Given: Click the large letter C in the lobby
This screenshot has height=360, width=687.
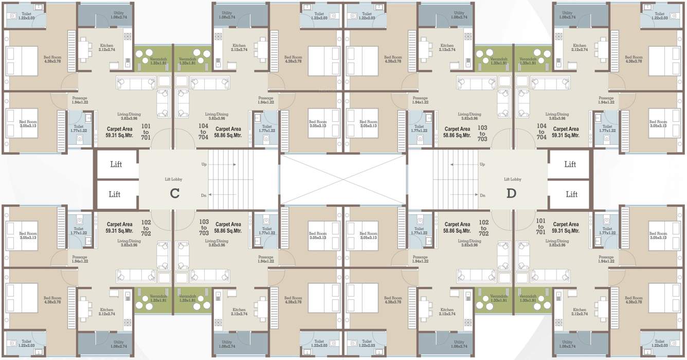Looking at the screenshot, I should click(174, 193).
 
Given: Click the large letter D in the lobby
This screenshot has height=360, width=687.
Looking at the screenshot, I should click(511, 193).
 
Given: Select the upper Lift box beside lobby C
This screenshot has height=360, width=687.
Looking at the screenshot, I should click(116, 165).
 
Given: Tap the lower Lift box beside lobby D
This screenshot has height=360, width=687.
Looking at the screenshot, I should click(571, 194).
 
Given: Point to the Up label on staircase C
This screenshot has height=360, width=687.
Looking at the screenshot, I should click(204, 165).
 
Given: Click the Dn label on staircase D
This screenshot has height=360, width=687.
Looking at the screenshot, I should click(482, 195).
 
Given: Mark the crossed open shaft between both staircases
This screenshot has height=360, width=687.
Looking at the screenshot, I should click(343, 179).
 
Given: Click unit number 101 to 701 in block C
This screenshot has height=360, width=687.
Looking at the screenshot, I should click(146, 132).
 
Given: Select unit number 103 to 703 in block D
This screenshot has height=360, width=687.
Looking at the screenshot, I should click(482, 132).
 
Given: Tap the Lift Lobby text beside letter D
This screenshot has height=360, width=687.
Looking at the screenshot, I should click(512, 179).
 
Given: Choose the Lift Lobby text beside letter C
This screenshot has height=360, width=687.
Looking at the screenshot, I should click(173, 179).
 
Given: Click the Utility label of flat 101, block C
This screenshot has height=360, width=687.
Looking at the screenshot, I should click(119, 15).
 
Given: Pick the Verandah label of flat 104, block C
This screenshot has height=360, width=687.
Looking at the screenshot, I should click(188, 61).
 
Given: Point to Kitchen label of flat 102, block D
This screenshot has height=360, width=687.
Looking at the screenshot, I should click(446, 312).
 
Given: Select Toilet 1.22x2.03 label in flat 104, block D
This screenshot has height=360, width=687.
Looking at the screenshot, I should click(660, 16).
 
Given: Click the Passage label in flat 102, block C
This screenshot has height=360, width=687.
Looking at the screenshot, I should click(80, 259).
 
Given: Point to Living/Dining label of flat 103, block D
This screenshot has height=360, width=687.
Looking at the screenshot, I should click(470, 116).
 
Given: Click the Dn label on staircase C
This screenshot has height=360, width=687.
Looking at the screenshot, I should click(204, 195).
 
